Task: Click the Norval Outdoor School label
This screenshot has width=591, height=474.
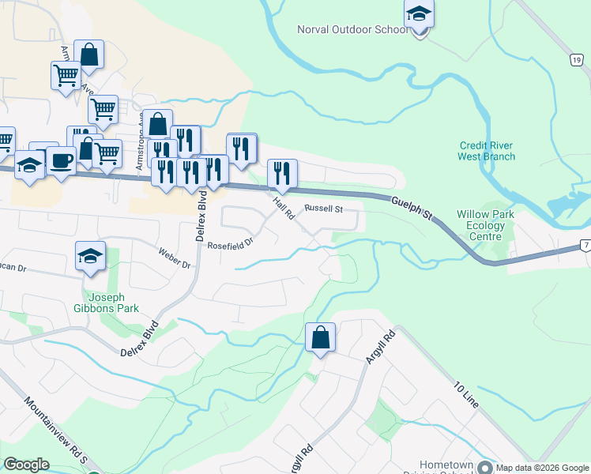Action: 352,30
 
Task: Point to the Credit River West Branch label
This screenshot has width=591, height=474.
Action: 486,151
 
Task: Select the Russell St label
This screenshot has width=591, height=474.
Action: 323,209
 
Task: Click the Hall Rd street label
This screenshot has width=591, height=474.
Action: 283,208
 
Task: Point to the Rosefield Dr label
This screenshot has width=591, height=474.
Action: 230,245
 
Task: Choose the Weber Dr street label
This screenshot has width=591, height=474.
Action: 175,258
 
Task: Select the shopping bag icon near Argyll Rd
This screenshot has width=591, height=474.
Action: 320,337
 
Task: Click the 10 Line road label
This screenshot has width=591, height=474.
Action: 466,394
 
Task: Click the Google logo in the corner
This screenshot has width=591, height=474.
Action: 26,465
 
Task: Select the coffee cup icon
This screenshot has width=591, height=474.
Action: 62,161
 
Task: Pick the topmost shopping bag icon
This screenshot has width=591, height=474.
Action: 89,55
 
